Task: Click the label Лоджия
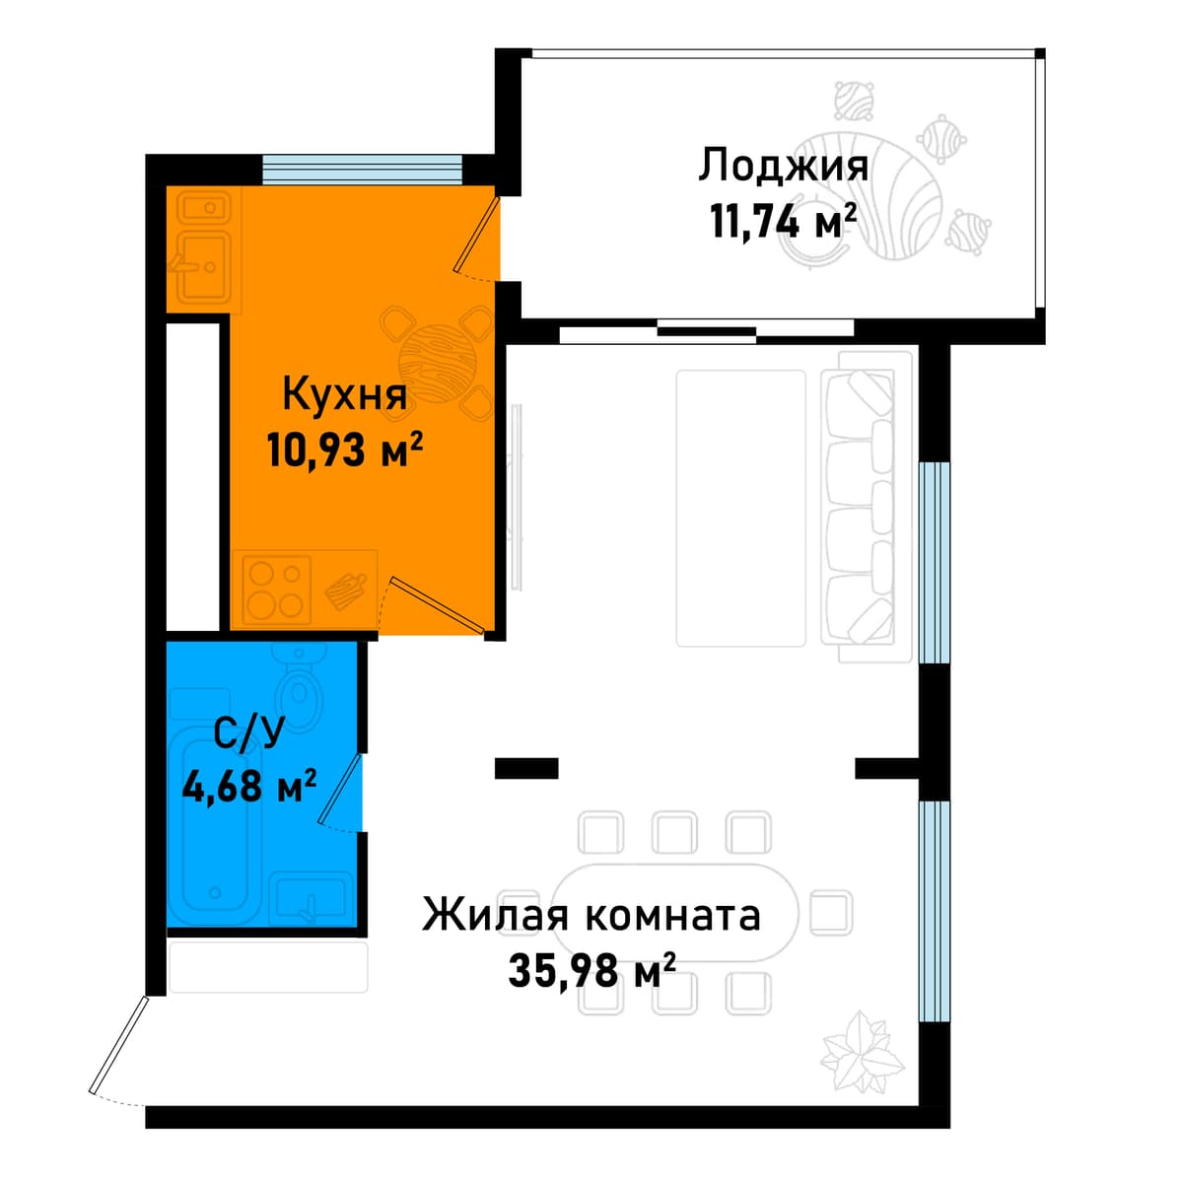pos(783,166)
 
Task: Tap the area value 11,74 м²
pos(784,221)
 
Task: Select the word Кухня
pos(344,394)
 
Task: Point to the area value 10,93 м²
pos(344,450)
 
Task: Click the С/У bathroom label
pos(249,732)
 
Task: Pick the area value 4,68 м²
pos(249,786)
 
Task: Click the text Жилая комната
pos(591,915)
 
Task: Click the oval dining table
pos(675,912)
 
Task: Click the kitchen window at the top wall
pos(362,170)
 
